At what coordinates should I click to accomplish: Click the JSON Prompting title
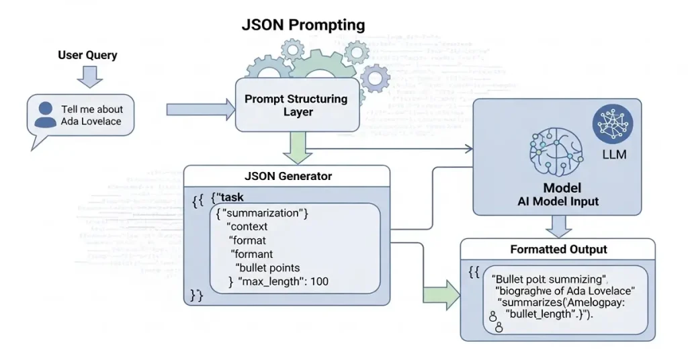click(303, 26)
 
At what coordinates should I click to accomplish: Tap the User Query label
click(87, 55)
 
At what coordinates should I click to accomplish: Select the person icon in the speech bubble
click(46, 114)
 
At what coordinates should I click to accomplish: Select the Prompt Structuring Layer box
click(296, 105)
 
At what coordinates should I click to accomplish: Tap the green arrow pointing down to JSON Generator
click(296, 148)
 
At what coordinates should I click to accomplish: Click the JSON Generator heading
click(288, 176)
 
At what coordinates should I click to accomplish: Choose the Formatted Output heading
click(558, 249)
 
